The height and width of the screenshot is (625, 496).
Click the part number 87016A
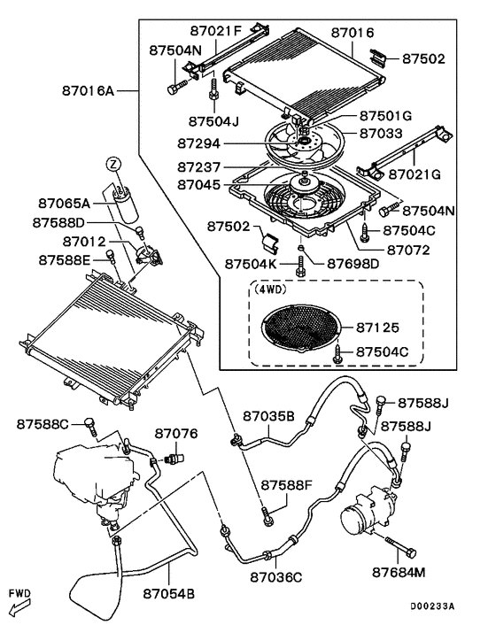(88, 91)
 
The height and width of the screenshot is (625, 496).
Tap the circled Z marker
(113, 164)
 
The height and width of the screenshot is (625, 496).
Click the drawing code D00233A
(432, 606)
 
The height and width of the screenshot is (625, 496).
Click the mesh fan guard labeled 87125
(302, 328)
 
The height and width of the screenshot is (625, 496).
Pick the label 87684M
(399, 573)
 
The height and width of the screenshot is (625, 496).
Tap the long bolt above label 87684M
(400, 547)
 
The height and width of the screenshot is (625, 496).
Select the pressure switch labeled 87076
(174, 458)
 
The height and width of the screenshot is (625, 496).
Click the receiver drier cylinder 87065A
(124, 203)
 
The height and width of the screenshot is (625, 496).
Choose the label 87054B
(169, 594)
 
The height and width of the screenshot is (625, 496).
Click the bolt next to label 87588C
(90, 427)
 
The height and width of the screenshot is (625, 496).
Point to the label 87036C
(276, 577)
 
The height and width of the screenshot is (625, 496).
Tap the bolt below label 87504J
(213, 90)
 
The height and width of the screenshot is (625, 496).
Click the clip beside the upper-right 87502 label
(378, 57)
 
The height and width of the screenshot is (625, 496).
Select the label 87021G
(415, 174)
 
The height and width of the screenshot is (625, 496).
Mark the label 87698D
(353, 264)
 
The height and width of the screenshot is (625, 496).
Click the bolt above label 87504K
(301, 266)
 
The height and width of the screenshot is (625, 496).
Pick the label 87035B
(268, 416)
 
